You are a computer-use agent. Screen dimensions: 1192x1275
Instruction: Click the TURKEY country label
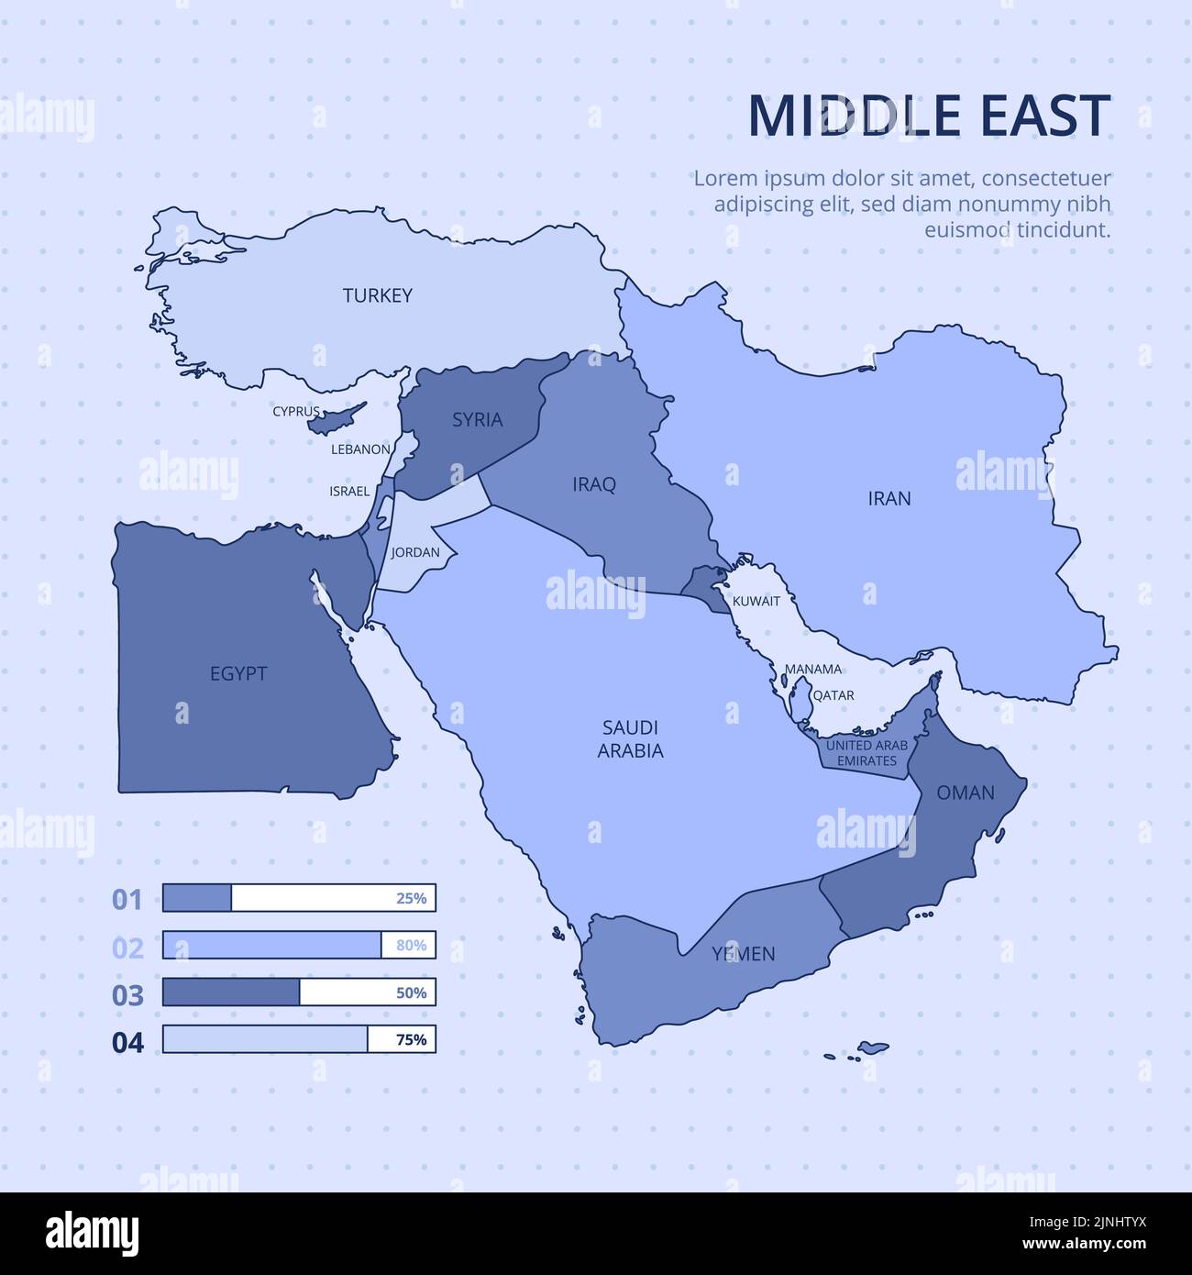coord(377,295)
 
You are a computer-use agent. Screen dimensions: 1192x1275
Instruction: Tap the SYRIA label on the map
coord(477,420)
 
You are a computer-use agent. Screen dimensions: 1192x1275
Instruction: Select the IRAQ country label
coord(594,484)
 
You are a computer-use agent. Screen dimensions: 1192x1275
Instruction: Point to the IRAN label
coord(889,499)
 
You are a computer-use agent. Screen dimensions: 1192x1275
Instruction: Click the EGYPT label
coord(238,673)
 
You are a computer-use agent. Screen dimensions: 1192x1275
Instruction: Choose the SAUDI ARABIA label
coord(631,739)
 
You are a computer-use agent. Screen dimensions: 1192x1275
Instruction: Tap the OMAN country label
coord(965,793)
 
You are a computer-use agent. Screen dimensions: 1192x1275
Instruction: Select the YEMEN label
coord(744,954)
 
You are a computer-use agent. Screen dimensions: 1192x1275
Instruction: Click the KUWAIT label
coord(756,602)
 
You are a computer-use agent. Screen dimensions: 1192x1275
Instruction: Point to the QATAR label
coord(833,695)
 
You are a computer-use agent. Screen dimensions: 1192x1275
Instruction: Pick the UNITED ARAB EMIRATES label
coord(866,753)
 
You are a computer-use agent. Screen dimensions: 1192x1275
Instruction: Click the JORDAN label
coord(415,553)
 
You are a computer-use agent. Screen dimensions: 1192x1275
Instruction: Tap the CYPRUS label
coord(296,412)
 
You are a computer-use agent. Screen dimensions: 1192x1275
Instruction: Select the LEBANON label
coord(360,449)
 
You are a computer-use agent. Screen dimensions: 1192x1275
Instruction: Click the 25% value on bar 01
coord(411,899)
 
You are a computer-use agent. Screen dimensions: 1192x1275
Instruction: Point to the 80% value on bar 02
coord(411,946)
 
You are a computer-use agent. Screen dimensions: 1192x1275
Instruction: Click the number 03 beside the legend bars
coord(127,995)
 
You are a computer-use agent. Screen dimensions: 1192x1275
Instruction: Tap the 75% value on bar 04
coord(411,1040)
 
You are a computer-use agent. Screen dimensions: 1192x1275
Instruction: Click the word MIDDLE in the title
coord(841,116)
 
